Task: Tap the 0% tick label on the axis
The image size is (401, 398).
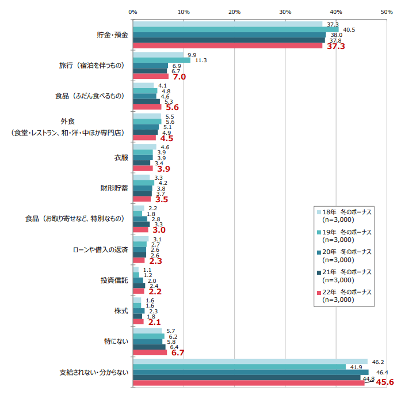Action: [133, 11]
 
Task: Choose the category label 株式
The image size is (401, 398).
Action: [120, 311]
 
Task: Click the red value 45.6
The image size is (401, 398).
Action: [384, 383]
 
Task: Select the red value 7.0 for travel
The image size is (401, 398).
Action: [178, 77]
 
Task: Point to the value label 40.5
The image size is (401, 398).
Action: [349, 29]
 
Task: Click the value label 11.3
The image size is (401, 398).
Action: [201, 60]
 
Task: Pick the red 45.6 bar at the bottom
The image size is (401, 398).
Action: [249, 383]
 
